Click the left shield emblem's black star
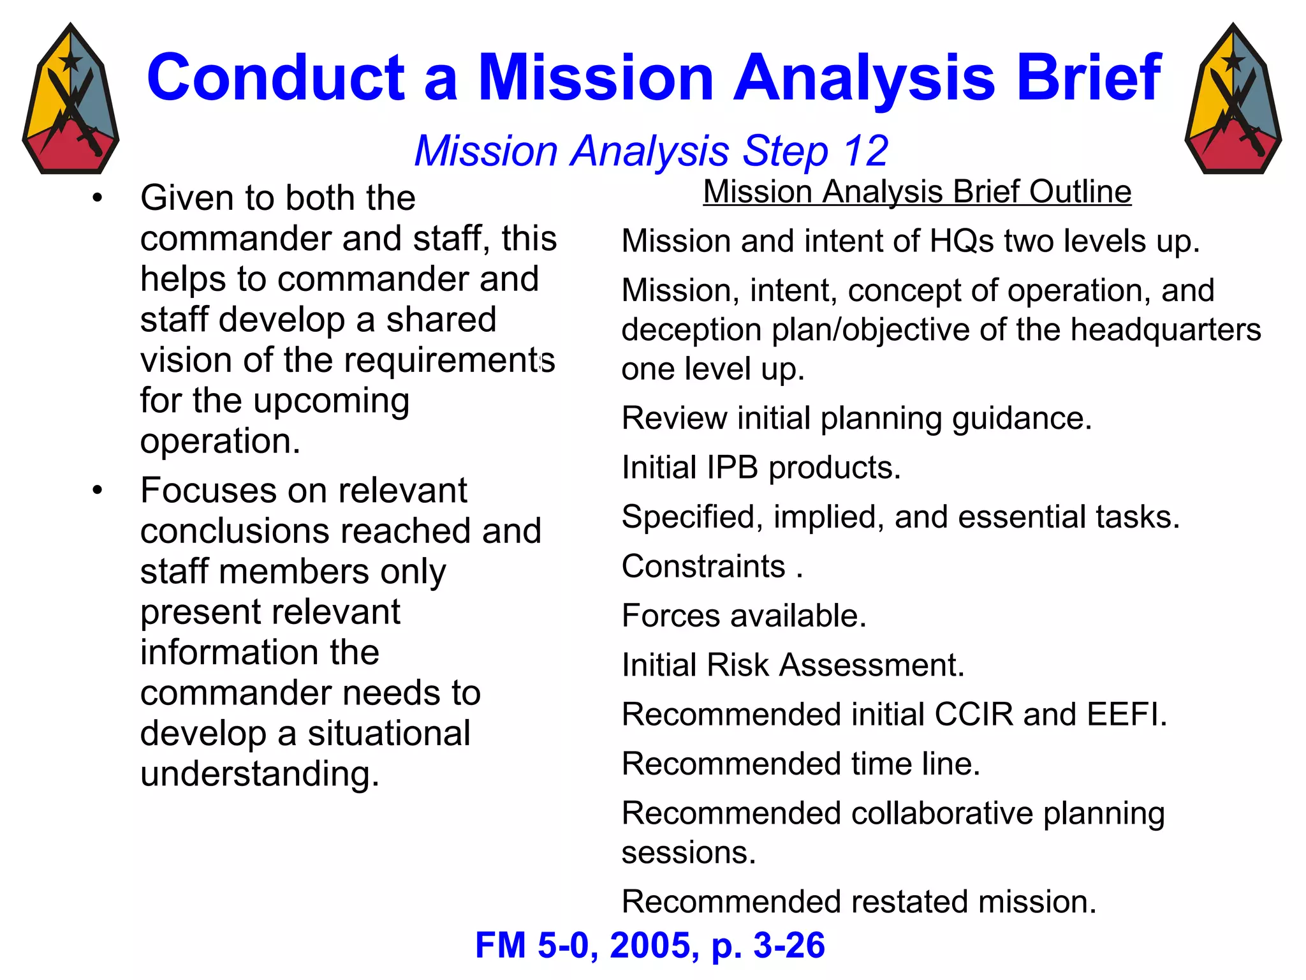point(70,62)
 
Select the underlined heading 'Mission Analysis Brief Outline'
point(917,191)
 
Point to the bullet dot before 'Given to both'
point(97,198)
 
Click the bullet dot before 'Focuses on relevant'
point(97,491)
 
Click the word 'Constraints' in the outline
point(703,567)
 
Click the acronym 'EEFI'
point(1126,715)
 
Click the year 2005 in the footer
point(650,946)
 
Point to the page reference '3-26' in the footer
point(789,946)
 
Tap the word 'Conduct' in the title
point(275,78)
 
